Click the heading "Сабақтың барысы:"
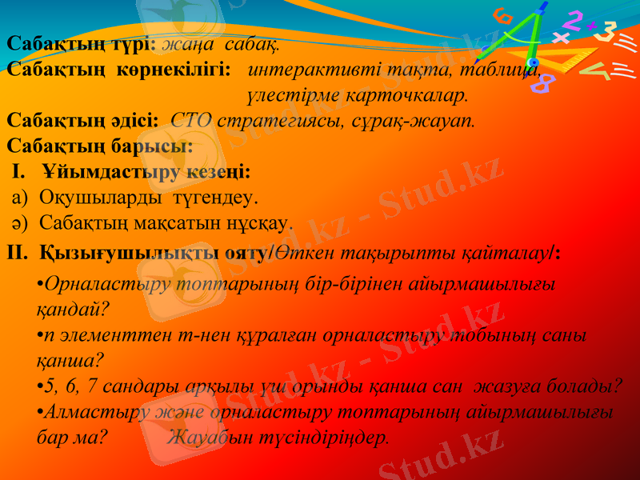pyautogui.click(x=99, y=147)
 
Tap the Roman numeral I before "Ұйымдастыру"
pyautogui.click(x=20, y=172)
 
